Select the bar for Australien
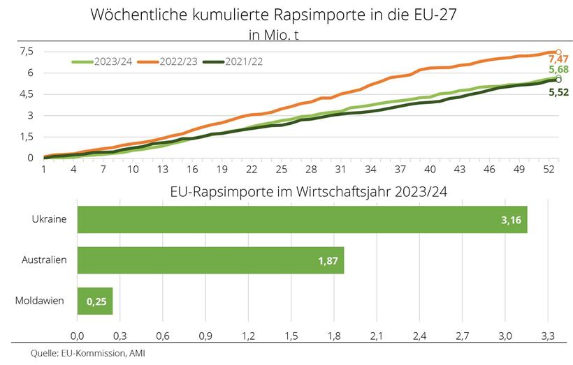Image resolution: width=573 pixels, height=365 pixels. [x=210, y=260]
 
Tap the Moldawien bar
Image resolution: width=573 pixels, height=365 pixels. [x=94, y=301]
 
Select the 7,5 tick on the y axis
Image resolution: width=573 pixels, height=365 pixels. [x=27, y=52]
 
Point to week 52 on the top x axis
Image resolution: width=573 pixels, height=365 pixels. [x=553, y=170]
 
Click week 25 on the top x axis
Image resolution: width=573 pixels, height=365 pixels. [x=281, y=170]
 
